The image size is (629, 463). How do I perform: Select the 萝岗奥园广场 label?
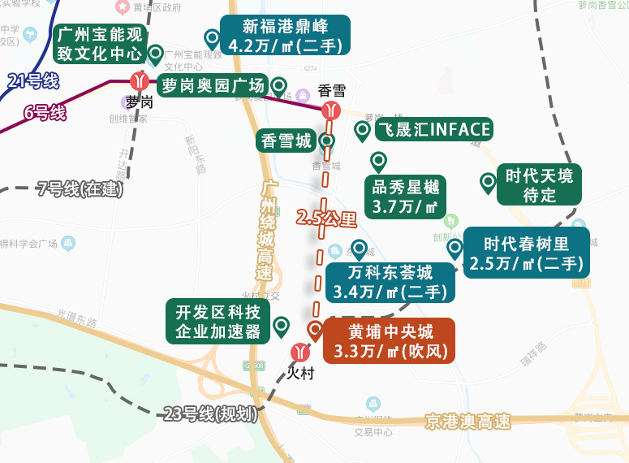(x=213, y=85)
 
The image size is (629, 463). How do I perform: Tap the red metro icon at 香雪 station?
(x=330, y=110)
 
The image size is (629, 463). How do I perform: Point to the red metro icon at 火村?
(x=300, y=353)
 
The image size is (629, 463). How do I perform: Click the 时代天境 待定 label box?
(x=539, y=185)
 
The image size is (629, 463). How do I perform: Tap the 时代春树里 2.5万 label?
(x=526, y=253)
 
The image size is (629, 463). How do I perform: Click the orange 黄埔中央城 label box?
(x=390, y=341)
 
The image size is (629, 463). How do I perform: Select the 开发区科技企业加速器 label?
(x=218, y=322)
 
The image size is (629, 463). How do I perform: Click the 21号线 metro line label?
(x=33, y=80)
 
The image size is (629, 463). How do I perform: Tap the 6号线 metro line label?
(x=44, y=113)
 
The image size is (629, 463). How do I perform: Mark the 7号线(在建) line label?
(x=80, y=189)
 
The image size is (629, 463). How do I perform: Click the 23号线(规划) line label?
(x=210, y=413)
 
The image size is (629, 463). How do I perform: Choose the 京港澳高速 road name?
(x=467, y=422)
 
